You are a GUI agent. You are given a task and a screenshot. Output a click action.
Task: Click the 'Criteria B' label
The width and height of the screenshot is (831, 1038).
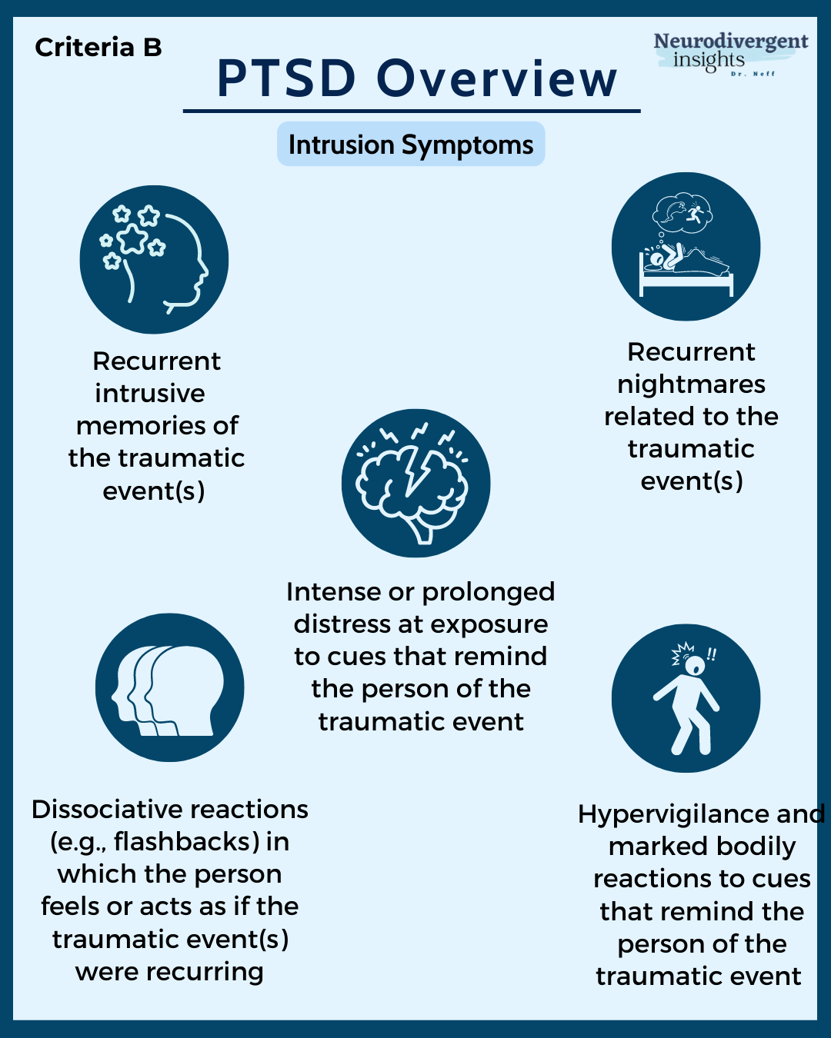[x=98, y=48]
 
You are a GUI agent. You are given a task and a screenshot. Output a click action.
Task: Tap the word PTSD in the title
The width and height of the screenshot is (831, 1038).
[x=287, y=78]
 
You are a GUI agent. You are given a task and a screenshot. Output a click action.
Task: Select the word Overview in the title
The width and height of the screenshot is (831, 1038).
[x=497, y=78]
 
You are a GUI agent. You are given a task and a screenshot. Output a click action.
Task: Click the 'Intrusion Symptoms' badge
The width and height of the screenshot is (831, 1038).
[x=411, y=145]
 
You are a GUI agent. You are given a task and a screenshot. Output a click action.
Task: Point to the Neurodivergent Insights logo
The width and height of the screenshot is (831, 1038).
[x=729, y=52]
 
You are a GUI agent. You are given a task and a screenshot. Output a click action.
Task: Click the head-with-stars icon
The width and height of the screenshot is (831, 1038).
[x=154, y=260]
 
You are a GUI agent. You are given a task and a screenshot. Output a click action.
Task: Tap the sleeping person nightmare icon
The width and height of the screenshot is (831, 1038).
[x=686, y=246]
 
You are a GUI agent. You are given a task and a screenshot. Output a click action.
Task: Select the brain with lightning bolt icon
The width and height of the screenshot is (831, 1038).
[x=415, y=483]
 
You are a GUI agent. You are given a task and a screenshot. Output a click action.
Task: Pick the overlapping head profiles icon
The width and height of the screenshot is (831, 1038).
[x=169, y=687]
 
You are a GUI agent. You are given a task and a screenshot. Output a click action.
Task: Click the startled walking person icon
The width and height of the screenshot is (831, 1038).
[x=686, y=698]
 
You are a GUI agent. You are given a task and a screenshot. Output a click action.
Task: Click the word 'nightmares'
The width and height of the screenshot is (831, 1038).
[x=691, y=384]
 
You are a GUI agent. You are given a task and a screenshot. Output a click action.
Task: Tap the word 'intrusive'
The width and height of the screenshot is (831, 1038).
[x=150, y=393]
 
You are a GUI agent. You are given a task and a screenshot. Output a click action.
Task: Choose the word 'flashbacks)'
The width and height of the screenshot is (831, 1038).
[x=186, y=841]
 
